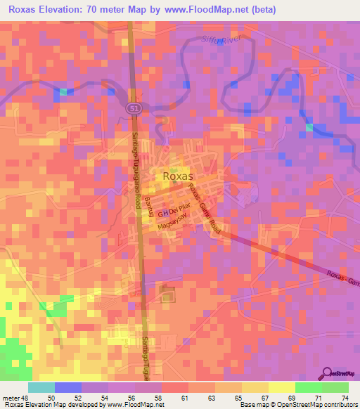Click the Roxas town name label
click(x=179, y=176)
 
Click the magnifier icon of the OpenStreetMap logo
click(x=326, y=373)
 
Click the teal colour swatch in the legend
click(x=41, y=387)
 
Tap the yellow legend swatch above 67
click(x=255, y=387)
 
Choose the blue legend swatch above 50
click(x=68, y=387)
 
